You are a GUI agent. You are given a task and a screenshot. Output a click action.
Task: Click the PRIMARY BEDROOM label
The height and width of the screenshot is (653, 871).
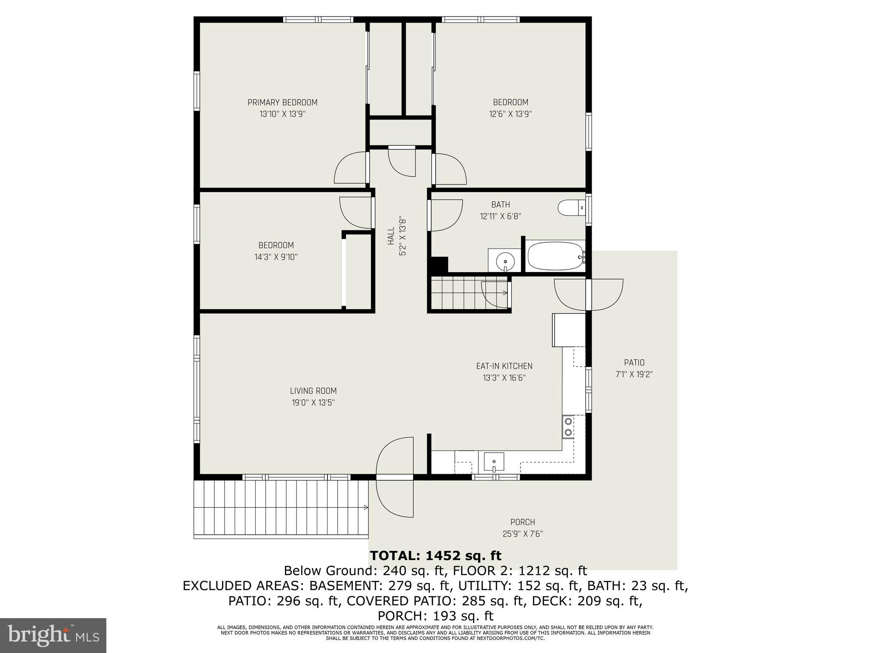pyautogui.click(x=282, y=102)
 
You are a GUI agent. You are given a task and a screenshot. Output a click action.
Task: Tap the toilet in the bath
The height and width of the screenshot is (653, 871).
pyautogui.click(x=571, y=208)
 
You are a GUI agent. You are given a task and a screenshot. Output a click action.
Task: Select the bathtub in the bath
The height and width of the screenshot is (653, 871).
pyautogui.click(x=555, y=256)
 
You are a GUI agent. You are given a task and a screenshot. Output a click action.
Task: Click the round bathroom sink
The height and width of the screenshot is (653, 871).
pyautogui.click(x=505, y=260)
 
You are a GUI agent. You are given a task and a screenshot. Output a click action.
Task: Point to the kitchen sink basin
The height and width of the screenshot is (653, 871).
pyautogui.click(x=494, y=462)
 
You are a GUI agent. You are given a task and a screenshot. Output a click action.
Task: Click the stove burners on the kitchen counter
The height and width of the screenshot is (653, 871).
pyautogui.click(x=567, y=426)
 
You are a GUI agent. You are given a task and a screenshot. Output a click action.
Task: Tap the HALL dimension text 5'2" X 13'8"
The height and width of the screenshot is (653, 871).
pyautogui.click(x=402, y=236)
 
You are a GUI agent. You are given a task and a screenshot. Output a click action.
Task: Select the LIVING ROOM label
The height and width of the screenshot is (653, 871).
pyautogui.click(x=313, y=391)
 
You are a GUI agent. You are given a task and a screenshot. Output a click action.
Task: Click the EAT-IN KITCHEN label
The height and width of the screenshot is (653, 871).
pyautogui.click(x=504, y=366)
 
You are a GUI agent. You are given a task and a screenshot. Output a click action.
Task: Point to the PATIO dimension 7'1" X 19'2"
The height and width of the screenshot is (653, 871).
pyautogui.click(x=634, y=375)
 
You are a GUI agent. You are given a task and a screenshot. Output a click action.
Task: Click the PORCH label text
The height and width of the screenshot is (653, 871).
pyautogui.click(x=522, y=522)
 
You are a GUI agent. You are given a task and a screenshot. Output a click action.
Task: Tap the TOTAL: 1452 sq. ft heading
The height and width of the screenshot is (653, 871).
pyautogui.click(x=435, y=556)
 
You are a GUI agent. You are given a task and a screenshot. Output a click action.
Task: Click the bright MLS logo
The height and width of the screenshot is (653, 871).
pyautogui.click(x=53, y=635)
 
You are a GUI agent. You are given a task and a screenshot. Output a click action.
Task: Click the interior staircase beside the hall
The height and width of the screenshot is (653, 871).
pyautogui.click(x=455, y=293)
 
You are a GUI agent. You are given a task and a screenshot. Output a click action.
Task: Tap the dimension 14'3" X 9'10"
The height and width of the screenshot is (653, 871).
pyautogui.click(x=276, y=257)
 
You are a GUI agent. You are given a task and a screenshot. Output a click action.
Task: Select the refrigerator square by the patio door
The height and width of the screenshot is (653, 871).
pyautogui.click(x=569, y=330)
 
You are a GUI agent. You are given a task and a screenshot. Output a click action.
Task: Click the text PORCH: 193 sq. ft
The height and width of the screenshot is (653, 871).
pyautogui.click(x=435, y=616)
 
